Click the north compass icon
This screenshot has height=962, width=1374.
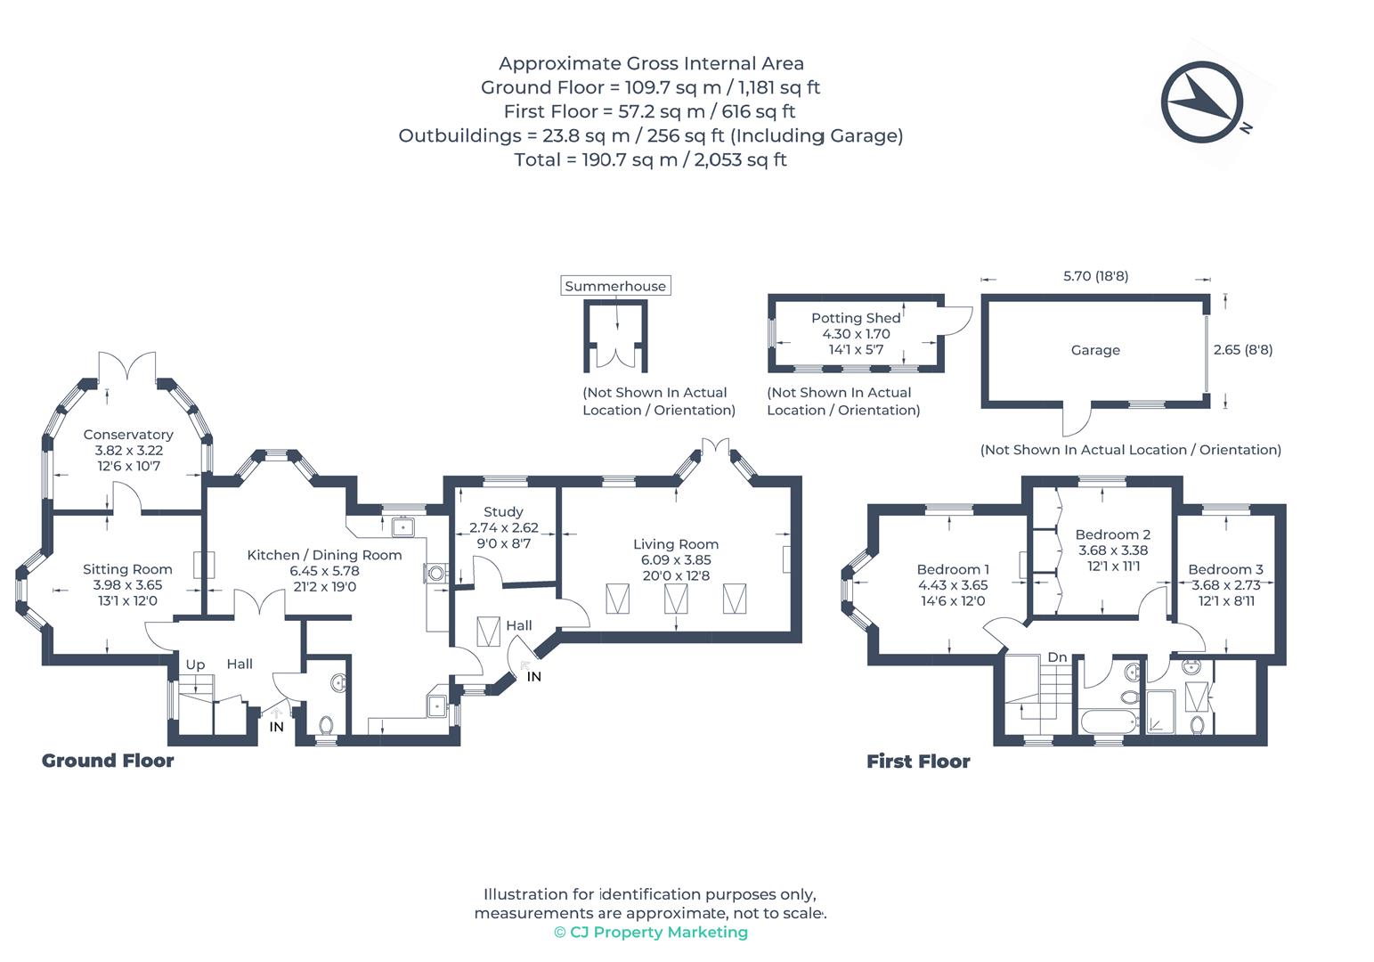pyautogui.click(x=1201, y=102)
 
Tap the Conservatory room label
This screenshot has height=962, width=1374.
pyautogui.click(x=128, y=435)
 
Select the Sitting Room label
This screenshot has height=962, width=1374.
pyautogui.click(x=127, y=569)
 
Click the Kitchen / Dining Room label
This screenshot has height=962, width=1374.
pyautogui.click(x=324, y=555)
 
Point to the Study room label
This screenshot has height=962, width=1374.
pyautogui.click(x=503, y=512)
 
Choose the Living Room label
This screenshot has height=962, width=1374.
pyautogui.click(x=676, y=544)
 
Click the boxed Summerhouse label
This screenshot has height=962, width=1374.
pyautogui.click(x=615, y=286)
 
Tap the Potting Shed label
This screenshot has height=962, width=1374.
pyautogui.click(x=856, y=318)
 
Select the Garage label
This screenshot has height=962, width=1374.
pyautogui.click(x=1095, y=350)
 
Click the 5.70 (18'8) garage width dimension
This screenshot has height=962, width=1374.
pyautogui.click(x=1095, y=276)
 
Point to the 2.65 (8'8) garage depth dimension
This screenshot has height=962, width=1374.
pyautogui.click(x=1243, y=350)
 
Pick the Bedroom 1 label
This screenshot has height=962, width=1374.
pyautogui.click(x=953, y=569)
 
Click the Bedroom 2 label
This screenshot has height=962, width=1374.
pyautogui.click(x=1112, y=534)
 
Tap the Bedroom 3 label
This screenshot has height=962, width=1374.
pyautogui.click(x=1225, y=569)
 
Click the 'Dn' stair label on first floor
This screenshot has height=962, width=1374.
pyautogui.click(x=1057, y=657)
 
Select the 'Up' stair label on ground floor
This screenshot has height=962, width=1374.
pyautogui.click(x=195, y=664)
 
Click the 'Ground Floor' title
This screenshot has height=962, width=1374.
pyautogui.click(x=108, y=761)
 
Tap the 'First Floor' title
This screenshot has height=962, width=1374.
pyautogui.click(x=918, y=762)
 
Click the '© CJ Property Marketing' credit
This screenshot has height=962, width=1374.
pyautogui.click(x=650, y=933)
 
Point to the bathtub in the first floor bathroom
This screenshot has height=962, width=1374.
pyautogui.click(x=1108, y=721)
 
